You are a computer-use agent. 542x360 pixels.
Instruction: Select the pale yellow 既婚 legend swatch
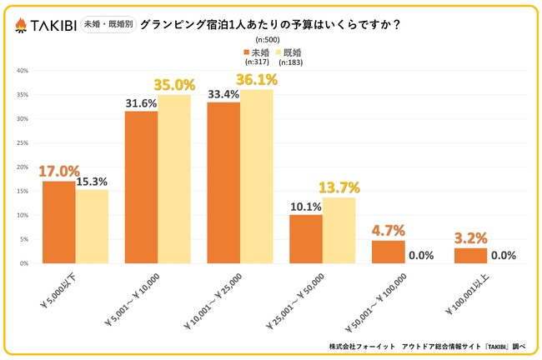tap(283, 52)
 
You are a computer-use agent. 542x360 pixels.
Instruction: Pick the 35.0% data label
tap(173, 85)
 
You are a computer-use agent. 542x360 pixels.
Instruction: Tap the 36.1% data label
tap(256, 80)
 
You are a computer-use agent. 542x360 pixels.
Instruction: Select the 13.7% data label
tap(339, 187)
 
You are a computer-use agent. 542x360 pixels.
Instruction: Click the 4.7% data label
tap(387, 231)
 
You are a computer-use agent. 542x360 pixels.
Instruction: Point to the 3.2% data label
tap(470, 238)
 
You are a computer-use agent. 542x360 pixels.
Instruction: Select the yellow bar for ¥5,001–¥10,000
tap(174, 179)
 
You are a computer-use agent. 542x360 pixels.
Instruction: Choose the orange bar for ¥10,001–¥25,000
tap(223, 182)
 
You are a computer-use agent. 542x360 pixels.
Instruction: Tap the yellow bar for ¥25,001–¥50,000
tap(339, 230)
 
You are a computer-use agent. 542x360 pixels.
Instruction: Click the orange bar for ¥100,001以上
tap(470, 255)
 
